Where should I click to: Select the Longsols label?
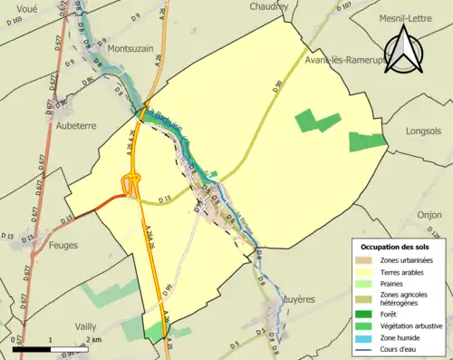(x=423, y=131)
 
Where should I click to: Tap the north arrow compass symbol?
(x=403, y=48)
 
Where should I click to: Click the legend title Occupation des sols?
(x=396, y=247)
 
